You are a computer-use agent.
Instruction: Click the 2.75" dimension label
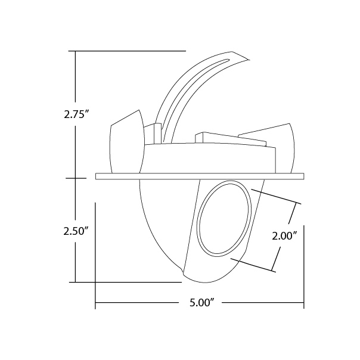pos(76,114)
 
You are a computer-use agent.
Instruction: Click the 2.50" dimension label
pos(76,231)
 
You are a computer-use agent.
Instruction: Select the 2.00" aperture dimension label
pos(285,236)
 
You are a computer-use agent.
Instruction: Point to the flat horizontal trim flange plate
pos(200,176)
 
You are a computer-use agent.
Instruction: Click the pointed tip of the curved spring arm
pos(249,60)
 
